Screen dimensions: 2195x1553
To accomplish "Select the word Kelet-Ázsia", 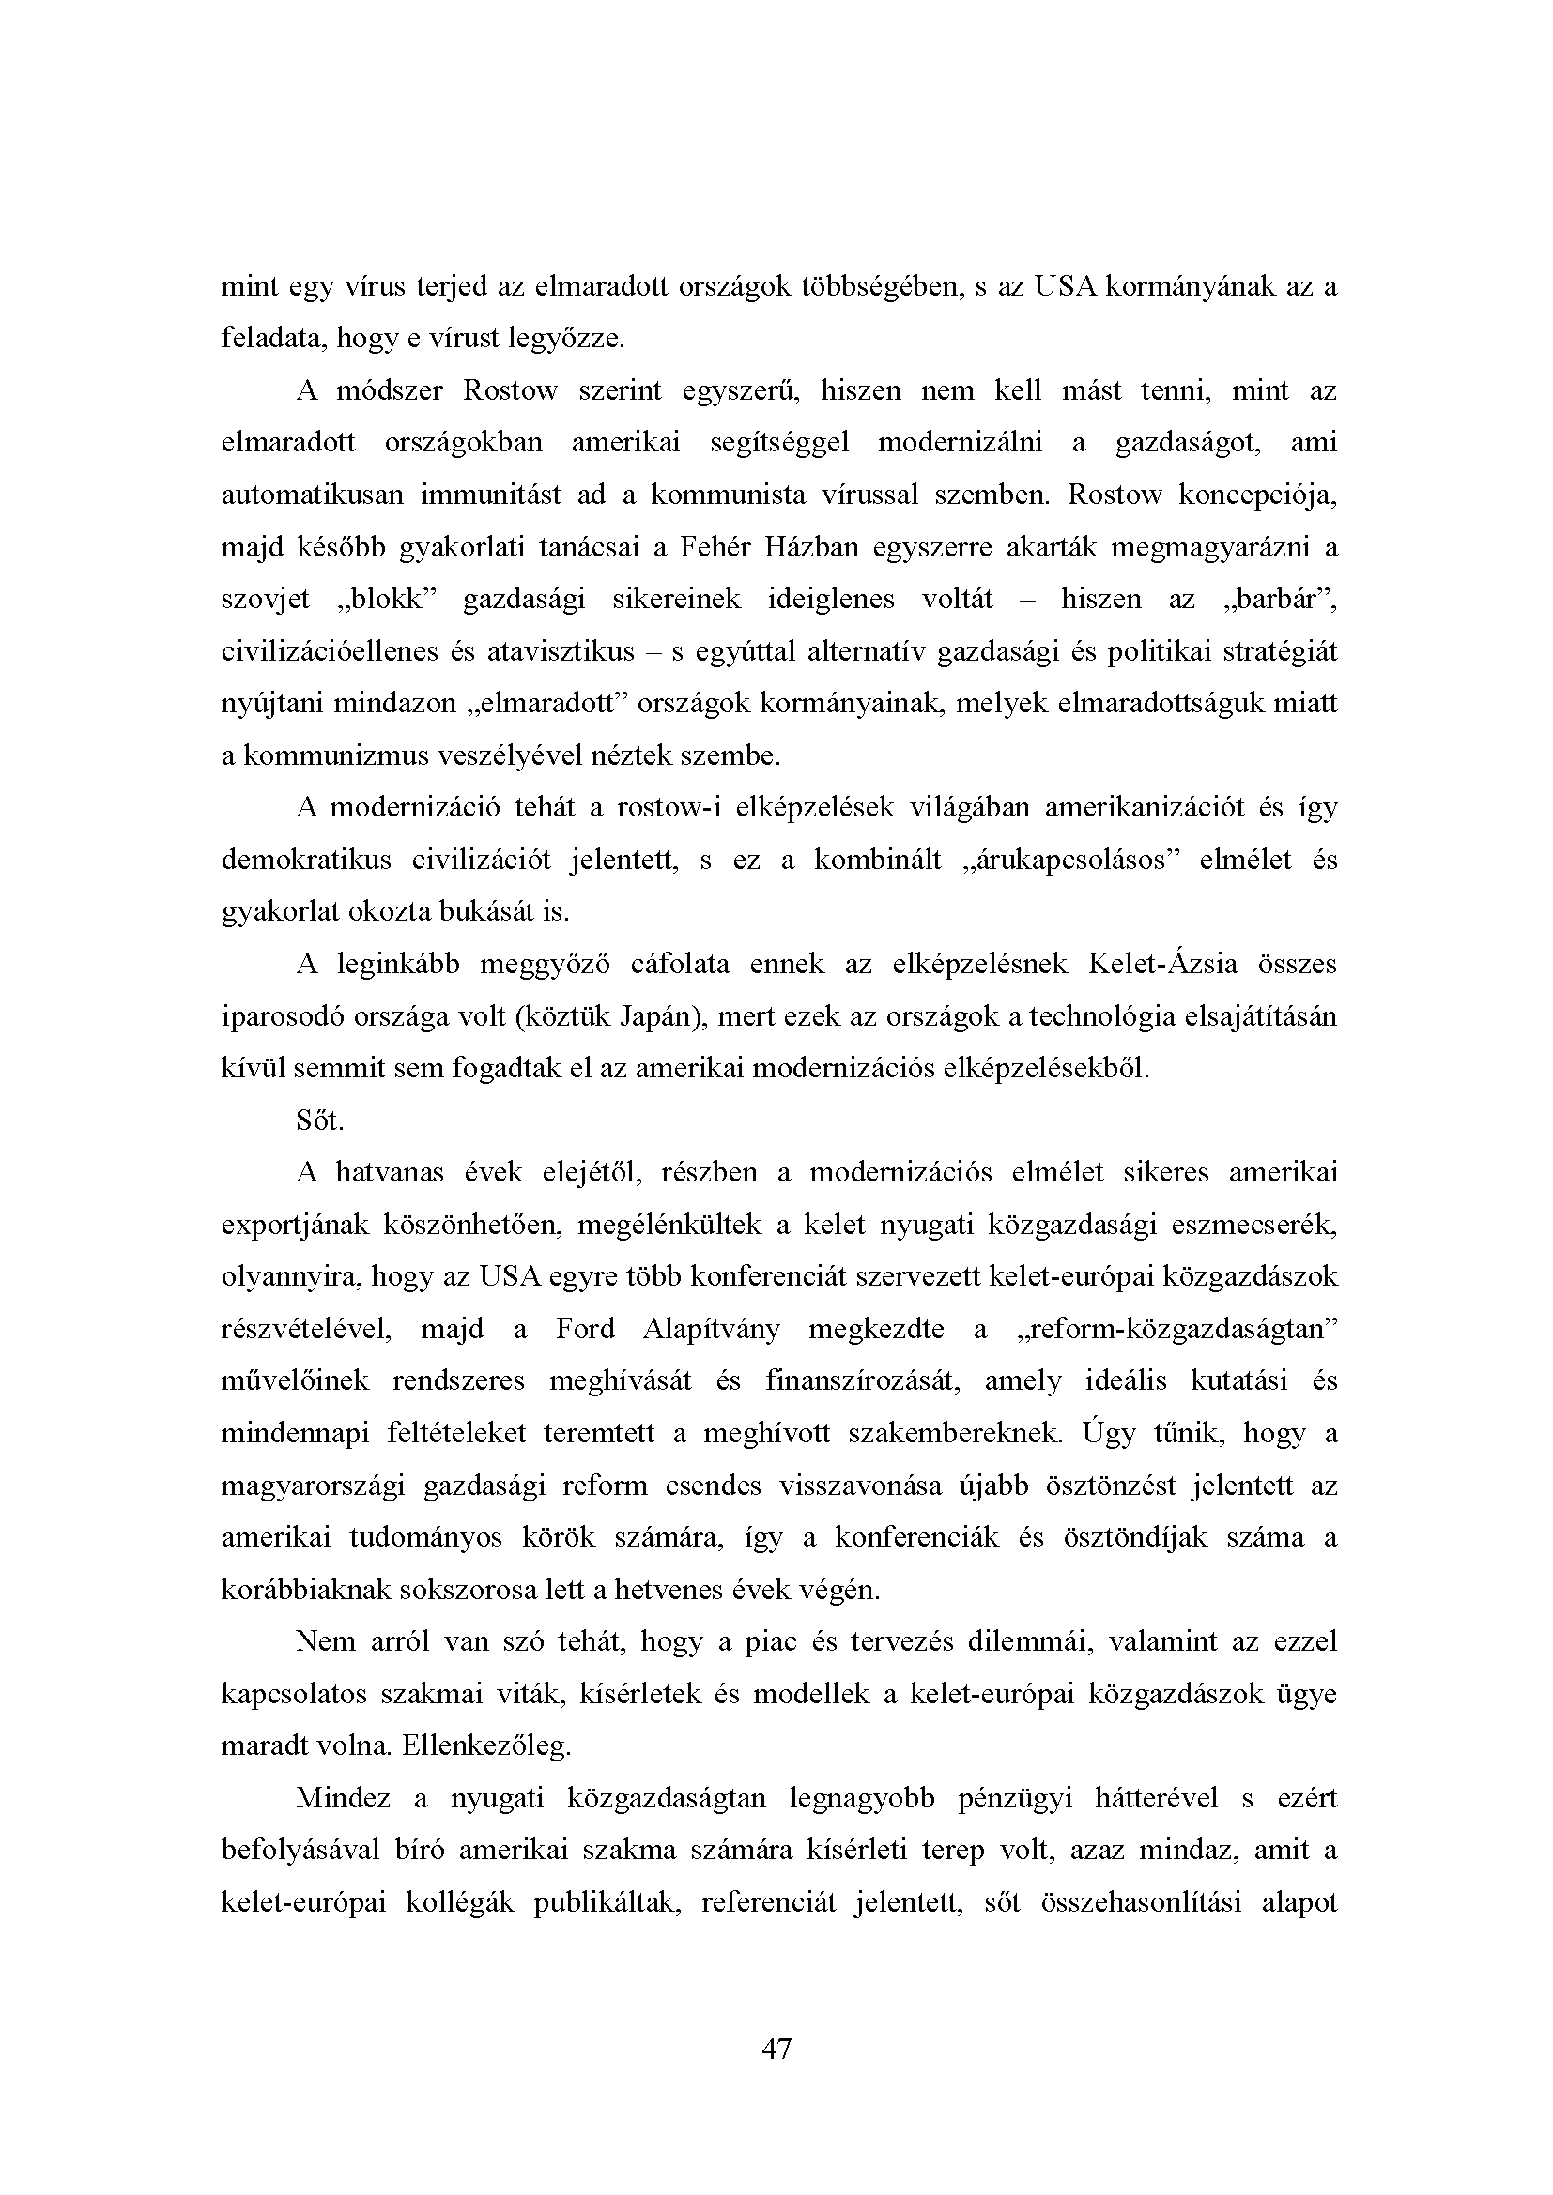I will click(1161, 965).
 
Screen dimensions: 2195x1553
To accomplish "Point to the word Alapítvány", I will click(712, 1330).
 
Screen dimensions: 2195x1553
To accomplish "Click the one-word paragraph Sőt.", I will click(319, 1121).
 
